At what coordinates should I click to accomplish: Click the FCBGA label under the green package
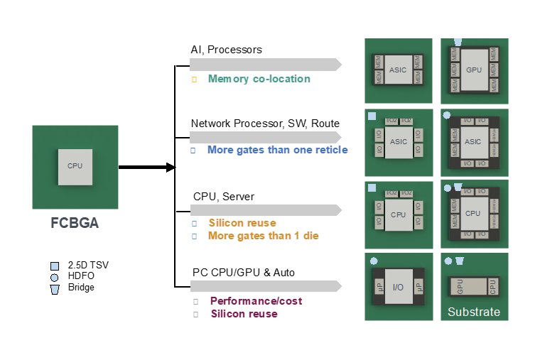74,222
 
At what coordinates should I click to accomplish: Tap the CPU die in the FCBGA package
75,166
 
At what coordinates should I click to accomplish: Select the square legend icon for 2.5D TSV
55,266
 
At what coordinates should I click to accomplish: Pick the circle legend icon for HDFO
55,277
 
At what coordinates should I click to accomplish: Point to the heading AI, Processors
226,50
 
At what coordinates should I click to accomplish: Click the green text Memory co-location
259,79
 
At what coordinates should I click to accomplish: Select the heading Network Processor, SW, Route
265,123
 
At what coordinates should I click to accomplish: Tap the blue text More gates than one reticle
277,150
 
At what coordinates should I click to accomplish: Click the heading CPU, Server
224,196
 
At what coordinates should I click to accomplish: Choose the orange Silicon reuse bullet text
242,223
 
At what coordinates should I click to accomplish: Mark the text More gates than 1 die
259,235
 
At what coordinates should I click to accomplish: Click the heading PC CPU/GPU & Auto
244,272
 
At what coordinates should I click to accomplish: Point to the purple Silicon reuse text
244,314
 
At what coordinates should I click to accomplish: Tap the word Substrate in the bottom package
474,312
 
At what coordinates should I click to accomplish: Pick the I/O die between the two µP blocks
398,286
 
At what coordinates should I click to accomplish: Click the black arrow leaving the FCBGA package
146,168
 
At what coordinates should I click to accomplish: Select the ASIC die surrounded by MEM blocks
398,71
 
